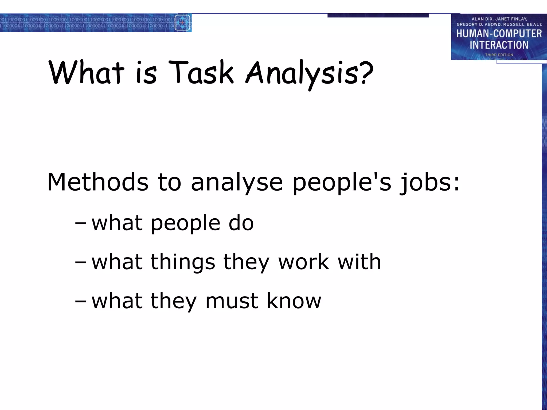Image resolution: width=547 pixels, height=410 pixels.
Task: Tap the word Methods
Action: click(x=98, y=182)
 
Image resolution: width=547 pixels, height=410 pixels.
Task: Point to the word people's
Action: click(x=342, y=182)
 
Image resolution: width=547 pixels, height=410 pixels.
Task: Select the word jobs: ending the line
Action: click(x=429, y=183)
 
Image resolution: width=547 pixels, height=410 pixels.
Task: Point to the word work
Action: click(x=304, y=262)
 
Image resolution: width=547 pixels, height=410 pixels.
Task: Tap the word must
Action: click(x=232, y=301)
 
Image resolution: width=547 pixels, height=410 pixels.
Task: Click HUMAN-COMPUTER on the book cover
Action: click(x=499, y=34)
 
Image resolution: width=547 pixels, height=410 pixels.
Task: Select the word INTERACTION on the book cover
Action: click(x=499, y=45)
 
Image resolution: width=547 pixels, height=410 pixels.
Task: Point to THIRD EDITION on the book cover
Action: click(x=499, y=55)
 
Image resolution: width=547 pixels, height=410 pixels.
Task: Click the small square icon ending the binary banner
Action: click(x=182, y=23)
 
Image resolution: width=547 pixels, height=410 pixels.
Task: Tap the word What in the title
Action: click(x=87, y=72)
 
